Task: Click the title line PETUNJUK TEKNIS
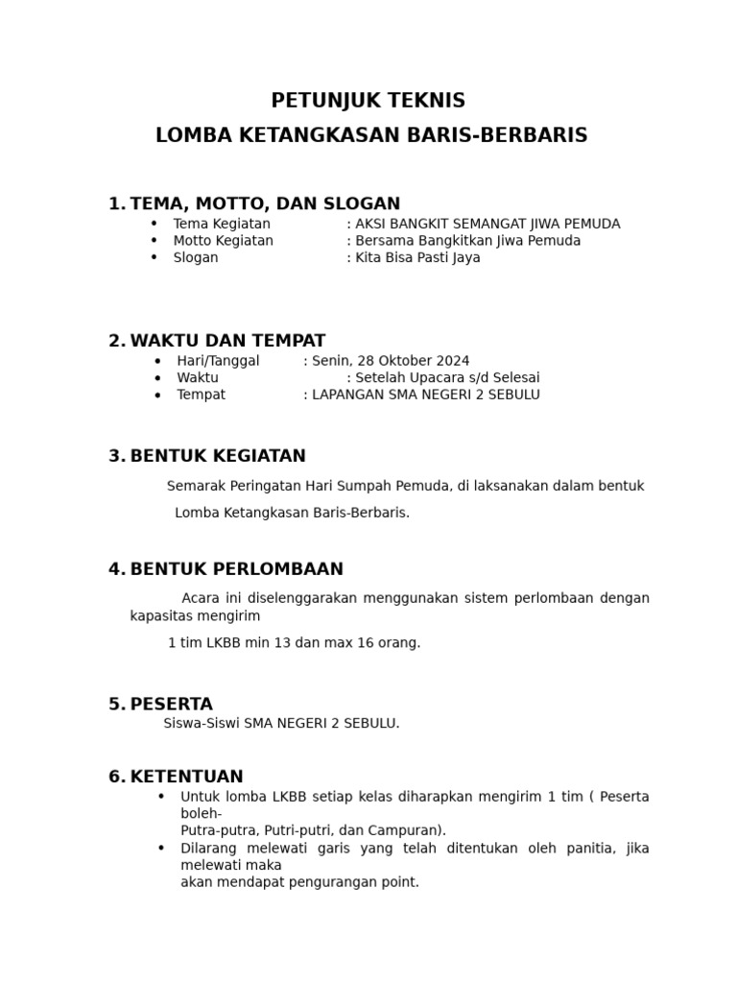368,101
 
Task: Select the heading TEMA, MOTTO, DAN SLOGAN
265,204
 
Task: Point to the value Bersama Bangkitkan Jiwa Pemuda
467,241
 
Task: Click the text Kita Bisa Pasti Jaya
417,258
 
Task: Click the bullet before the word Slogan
154,257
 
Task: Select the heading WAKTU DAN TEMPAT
227,341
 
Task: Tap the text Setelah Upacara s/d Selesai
447,378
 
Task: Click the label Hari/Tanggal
218,361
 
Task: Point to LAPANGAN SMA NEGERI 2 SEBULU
425,395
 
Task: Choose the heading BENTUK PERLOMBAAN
236,569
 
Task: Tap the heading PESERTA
171,705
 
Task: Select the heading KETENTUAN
186,777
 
